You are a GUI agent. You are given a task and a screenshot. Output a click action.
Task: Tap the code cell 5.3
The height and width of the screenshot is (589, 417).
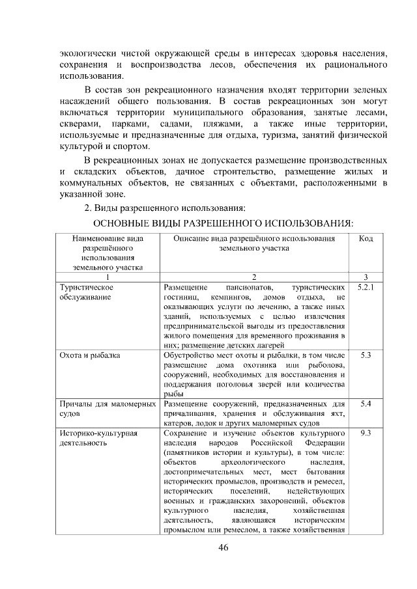click(x=366, y=355)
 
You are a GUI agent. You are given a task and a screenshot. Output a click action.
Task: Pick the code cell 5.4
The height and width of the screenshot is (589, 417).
click(x=366, y=404)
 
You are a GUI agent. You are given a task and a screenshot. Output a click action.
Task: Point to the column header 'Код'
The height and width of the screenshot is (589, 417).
click(x=366, y=239)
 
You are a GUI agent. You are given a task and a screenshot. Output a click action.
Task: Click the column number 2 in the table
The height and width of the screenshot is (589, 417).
click(x=254, y=277)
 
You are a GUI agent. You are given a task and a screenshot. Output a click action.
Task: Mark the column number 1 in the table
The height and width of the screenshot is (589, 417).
click(x=108, y=277)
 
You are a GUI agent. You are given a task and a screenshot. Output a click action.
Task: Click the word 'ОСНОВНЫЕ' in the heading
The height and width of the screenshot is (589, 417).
click(x=116, y=223)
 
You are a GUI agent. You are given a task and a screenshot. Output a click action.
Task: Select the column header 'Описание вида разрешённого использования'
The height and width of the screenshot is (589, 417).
click(x=254, y=243)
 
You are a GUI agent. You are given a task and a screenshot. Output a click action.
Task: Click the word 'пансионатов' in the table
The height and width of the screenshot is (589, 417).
click(x=248, y=287)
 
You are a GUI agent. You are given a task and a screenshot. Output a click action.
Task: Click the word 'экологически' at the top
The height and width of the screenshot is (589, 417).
click(x=86, y=52)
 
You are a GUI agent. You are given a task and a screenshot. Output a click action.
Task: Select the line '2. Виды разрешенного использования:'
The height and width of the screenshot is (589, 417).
click(x=165, y=208)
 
